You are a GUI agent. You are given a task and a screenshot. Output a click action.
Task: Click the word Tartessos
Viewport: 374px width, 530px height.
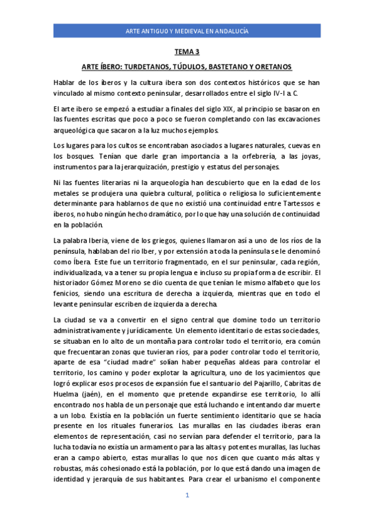[300, 204]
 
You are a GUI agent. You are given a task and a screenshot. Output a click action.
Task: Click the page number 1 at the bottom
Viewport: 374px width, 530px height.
[187, 496]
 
